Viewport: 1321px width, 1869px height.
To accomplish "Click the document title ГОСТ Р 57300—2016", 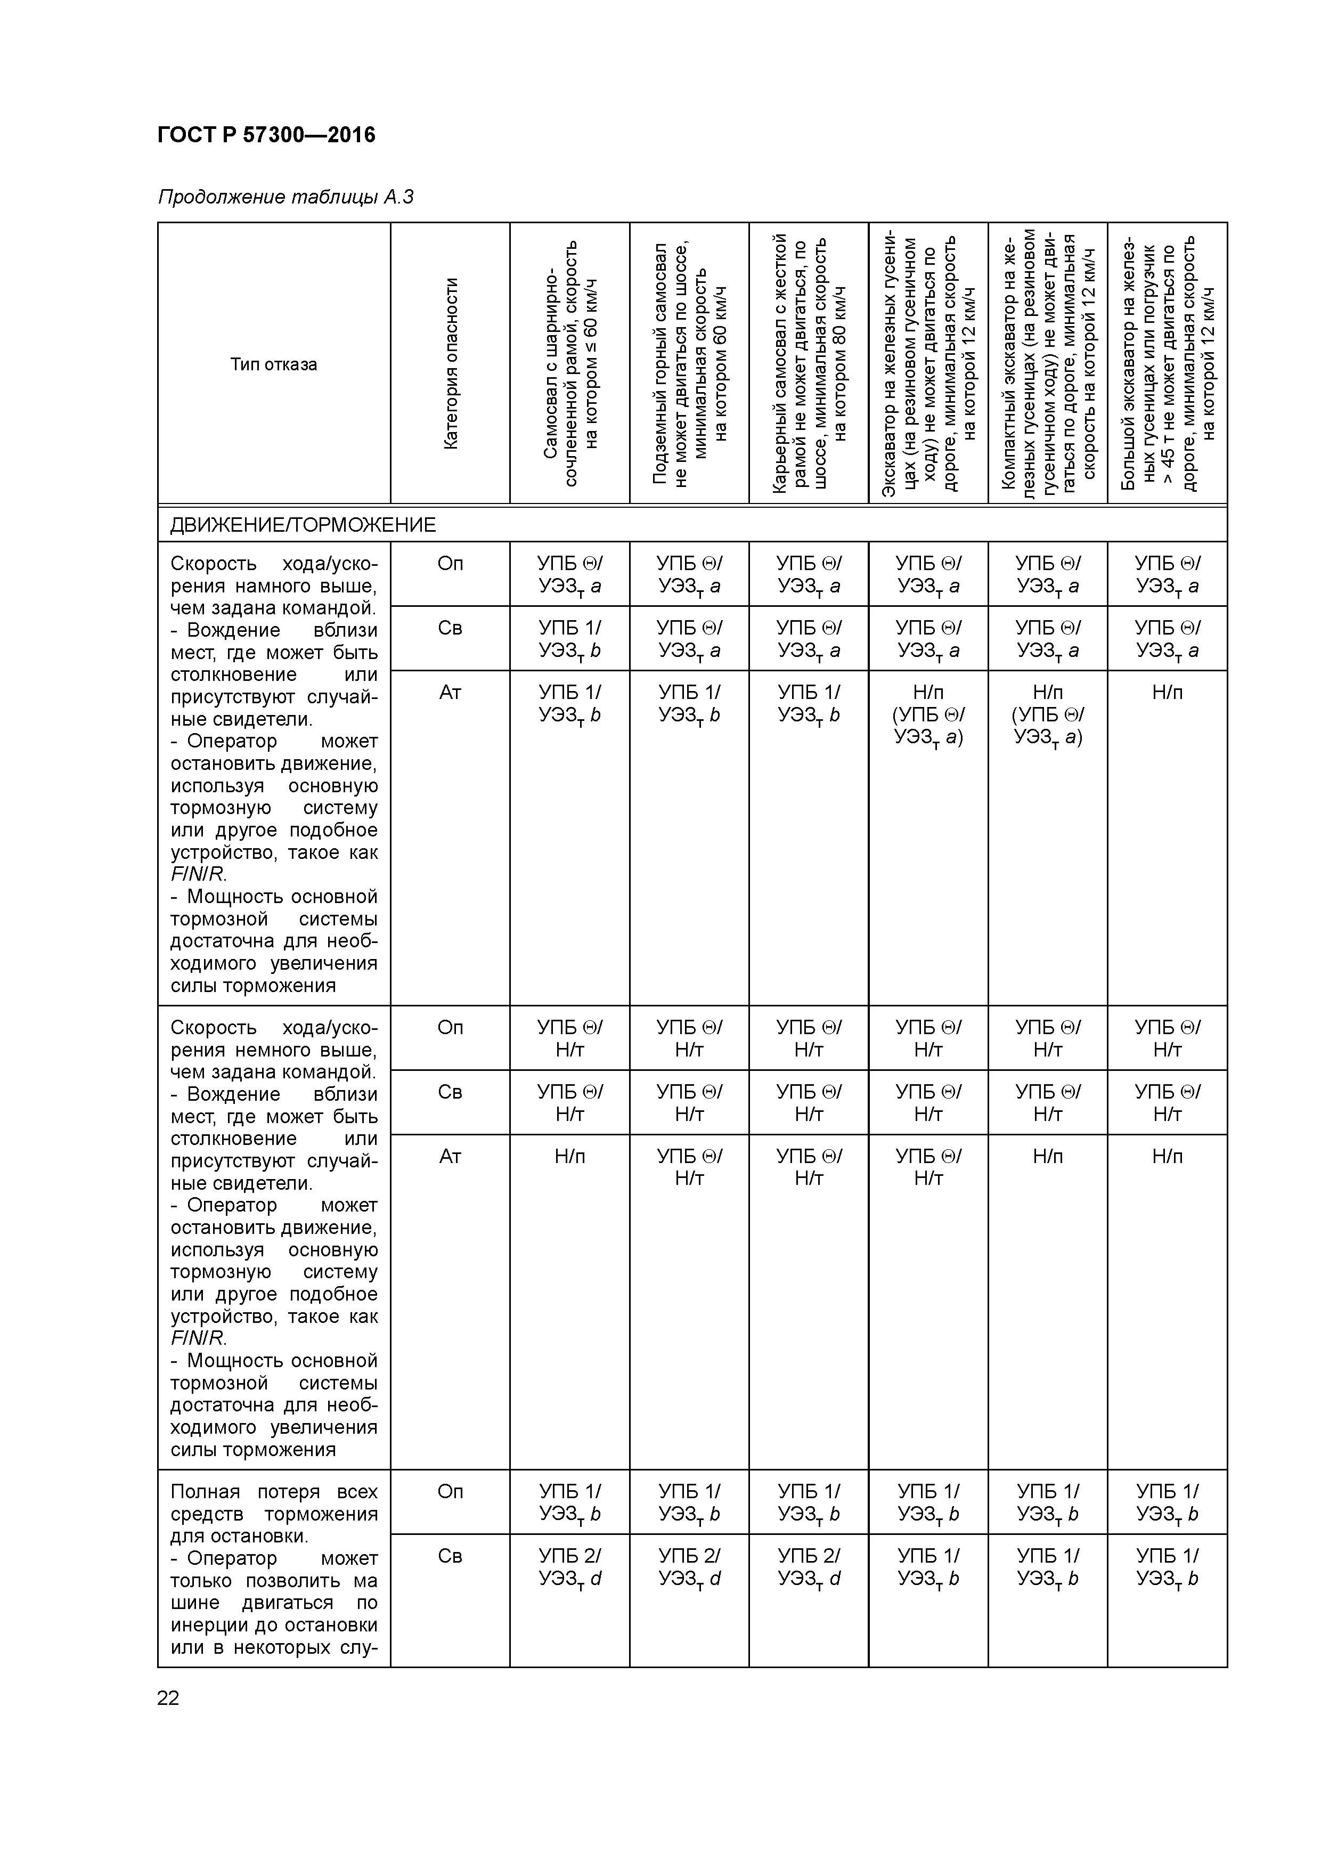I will tap(266, 134).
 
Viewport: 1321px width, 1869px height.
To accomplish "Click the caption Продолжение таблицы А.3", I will tap(285, 197).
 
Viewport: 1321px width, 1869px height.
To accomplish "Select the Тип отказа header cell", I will tap(273, 364).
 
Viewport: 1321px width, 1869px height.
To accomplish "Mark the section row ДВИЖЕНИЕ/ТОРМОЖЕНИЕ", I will tap(303, 525).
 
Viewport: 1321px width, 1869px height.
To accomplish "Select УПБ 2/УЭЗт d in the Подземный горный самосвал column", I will tap(689, 1567).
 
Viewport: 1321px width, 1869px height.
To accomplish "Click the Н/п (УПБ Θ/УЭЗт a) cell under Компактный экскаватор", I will tap(1048, 714).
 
